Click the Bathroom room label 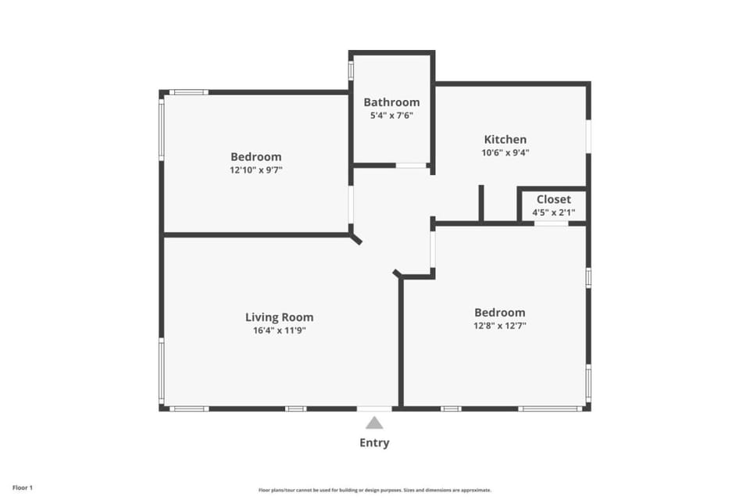click(x=391, y=102)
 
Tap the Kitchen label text click(x=505, y=139)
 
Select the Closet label click(x=553, y=199)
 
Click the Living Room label click(x=280, y=317)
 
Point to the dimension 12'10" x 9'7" click(x=256, y=170)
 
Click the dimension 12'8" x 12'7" click(x=500, y=326)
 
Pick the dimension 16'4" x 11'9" click(x=280, y=330)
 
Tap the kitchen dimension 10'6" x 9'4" click(x=505, y=152)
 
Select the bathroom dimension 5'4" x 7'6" click(x=391, y=116)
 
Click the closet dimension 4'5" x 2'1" click(x=553, y=212)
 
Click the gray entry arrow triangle click(x=374, y=423)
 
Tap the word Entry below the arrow click(x=374, y=443)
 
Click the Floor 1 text click(x=23, y=488)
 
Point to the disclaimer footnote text click(x=374, y=490)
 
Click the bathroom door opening click(x=411, y=166)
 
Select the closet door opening click(x=551, y=223)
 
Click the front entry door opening click(x=374, y=409)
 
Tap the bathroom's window click(x=351, y=70)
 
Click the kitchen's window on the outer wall click(x=588, y=137)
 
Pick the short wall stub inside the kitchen click(x=481, y=203)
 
